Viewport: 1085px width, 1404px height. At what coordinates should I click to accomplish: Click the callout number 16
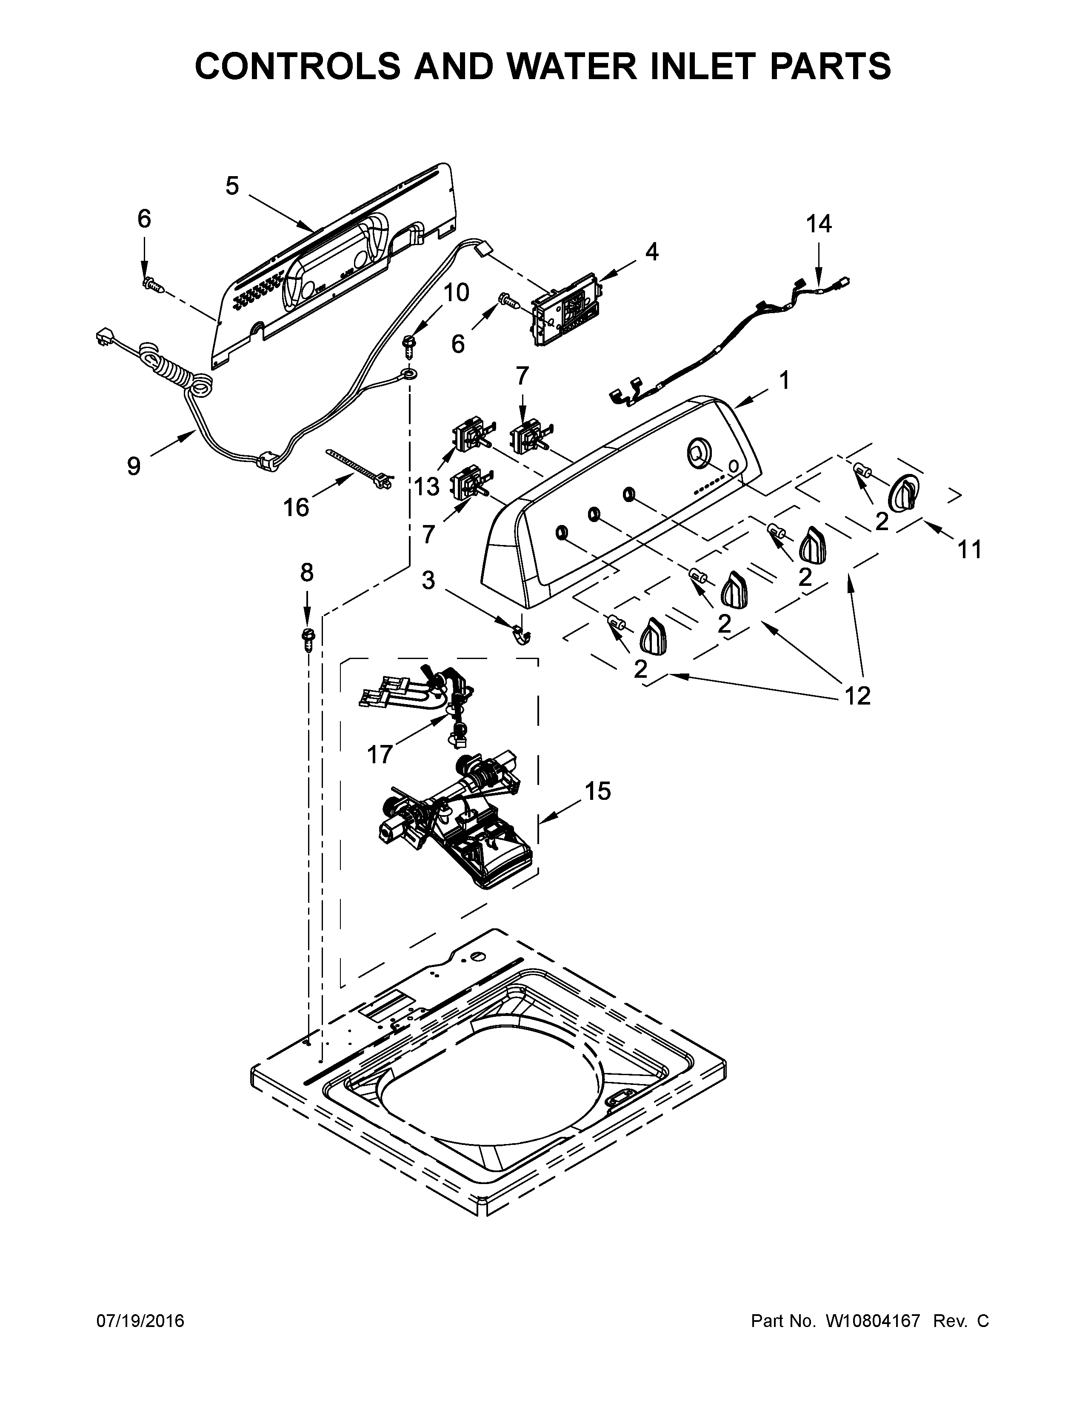pos(296,508)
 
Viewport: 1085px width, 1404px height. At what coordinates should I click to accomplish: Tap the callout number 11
pos(970,550)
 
